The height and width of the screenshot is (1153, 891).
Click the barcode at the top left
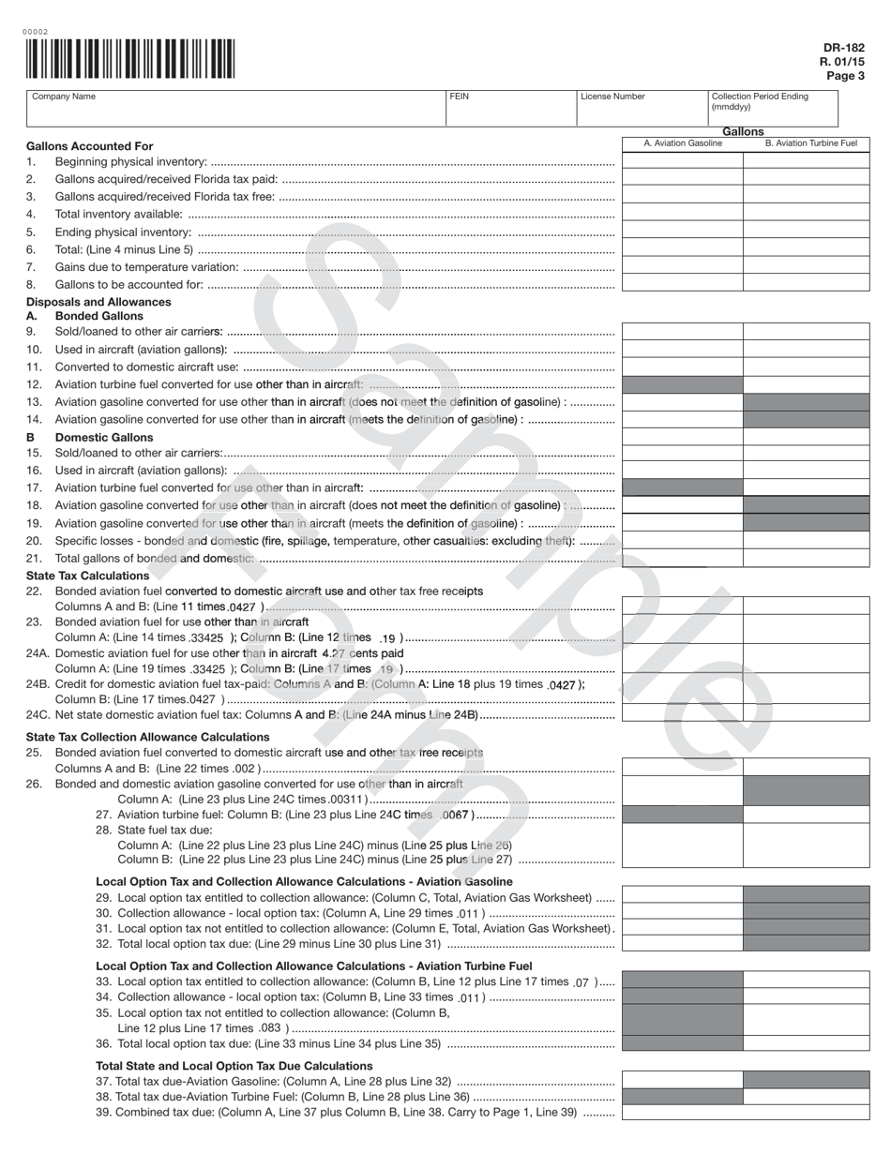point(130,58)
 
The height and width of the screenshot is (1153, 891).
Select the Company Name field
point(234,109)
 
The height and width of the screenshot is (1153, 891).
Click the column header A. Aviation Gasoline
point(683,143)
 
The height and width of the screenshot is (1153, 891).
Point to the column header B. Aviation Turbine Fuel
point(810,143)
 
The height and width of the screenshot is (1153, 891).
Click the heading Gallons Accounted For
point(89,146)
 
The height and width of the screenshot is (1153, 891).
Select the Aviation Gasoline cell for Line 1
point(683,161)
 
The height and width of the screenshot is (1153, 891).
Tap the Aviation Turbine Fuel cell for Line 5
point(806,231)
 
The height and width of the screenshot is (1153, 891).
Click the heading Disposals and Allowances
point(98,302)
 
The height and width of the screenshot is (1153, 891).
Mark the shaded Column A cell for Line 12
point(683,384)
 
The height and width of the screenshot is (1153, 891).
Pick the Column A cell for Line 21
point(683,559)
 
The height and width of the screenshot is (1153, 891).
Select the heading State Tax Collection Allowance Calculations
point(147,737)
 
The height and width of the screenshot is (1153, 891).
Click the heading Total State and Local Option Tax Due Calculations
point(234,1066)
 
